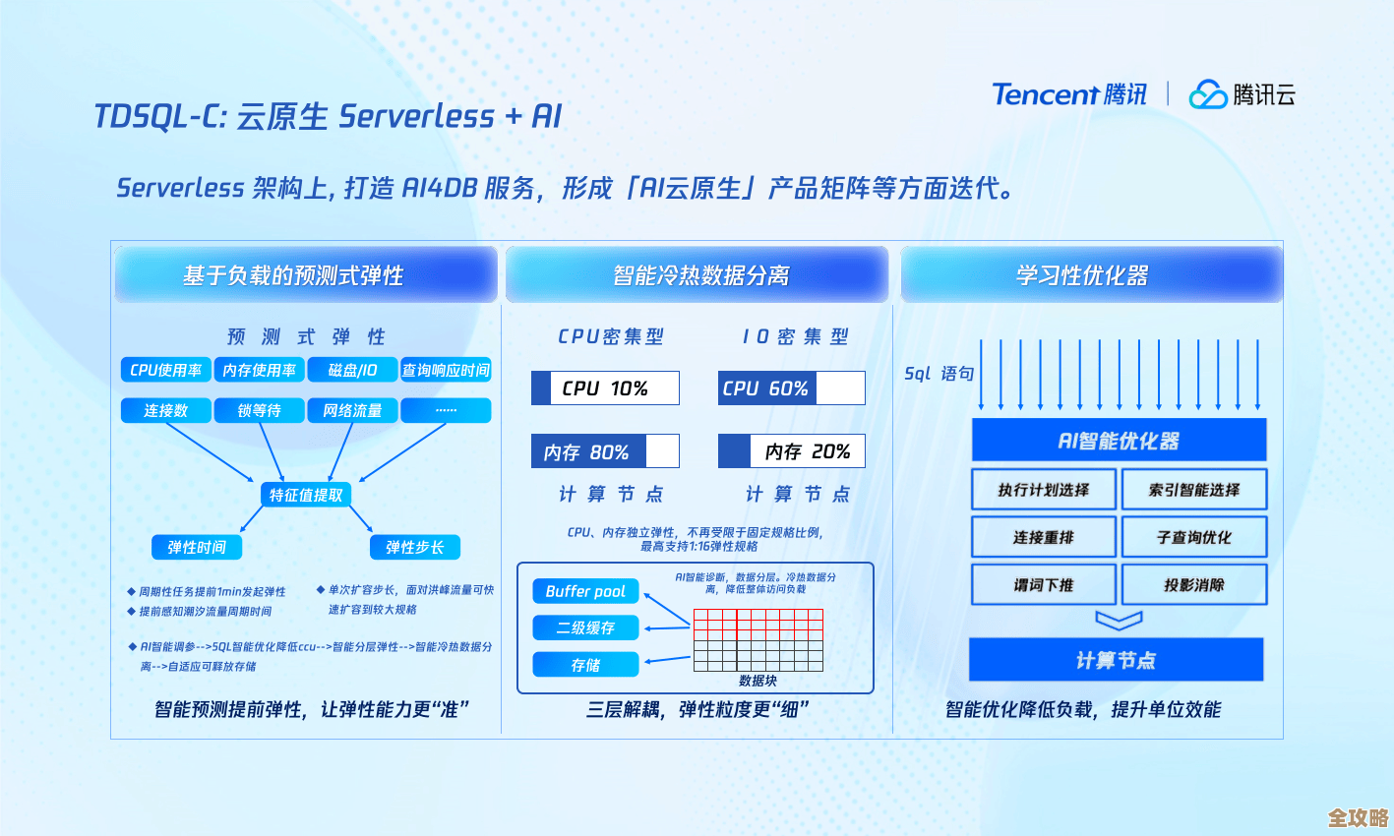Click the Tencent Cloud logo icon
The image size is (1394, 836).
pos(1207,94)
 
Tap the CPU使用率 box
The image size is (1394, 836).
pos(165,370)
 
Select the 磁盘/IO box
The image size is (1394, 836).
pos(352,370)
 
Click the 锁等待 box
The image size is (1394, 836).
pos(259,410)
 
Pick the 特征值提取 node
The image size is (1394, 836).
pos(306,495)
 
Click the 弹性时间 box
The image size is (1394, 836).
pos(197,547)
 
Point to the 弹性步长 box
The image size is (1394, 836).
pos(414,547)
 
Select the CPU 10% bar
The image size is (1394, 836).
pos(605,388)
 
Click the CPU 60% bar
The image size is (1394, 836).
pos(791,388)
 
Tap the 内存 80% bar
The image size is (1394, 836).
pos(605,451)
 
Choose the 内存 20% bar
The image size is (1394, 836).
pos(791,451)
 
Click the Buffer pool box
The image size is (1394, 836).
pos(585,591)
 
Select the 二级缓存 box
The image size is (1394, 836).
pos(585,627)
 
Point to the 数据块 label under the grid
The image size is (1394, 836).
pos(758,681)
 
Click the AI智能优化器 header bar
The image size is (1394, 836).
pos(1119,441)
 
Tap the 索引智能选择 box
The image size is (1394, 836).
pos(1194,490)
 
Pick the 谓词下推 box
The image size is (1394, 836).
pos(1044,584)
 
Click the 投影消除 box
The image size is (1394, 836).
pos(1194,584)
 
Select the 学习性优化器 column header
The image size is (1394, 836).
pos(1082,275)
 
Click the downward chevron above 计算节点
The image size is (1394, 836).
pos(1119,621)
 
